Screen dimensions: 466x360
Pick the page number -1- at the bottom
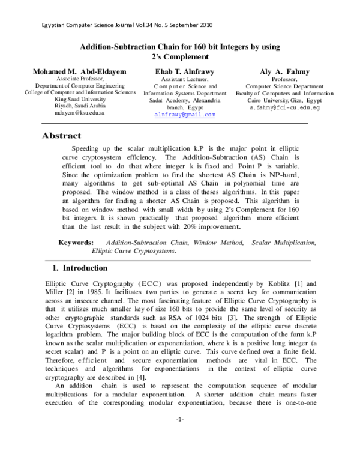[179, 452]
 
